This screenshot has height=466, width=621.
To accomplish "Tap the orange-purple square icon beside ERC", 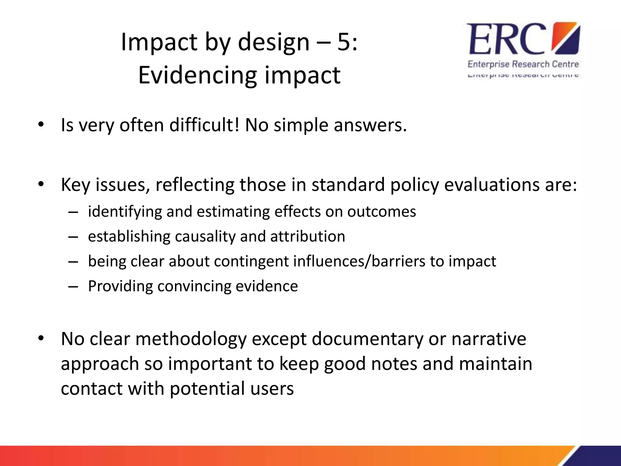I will pos(565,38).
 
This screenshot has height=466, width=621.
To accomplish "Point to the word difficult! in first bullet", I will pos(204,125).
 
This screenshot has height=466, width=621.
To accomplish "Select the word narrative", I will pos(489,339).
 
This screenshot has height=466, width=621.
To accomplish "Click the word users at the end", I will pos(272,388).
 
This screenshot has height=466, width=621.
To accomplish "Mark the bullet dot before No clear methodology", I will pos(41,338).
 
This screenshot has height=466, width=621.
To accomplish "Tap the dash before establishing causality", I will pos(73,237).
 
